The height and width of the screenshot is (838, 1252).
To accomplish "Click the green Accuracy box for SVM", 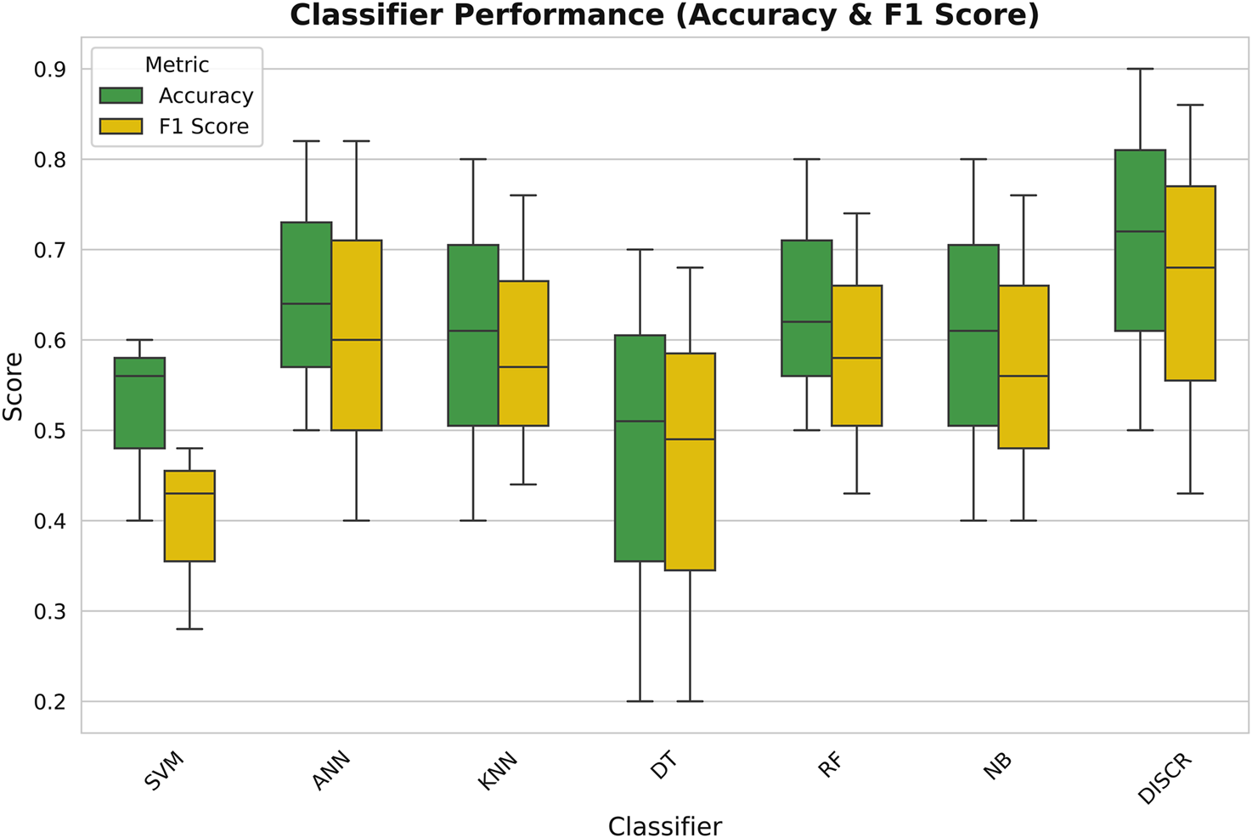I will click(x=139, y=403).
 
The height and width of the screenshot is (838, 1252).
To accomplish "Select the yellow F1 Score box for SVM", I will click(x=189, y=516).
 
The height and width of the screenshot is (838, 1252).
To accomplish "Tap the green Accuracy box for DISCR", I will click(x=1140, y=240).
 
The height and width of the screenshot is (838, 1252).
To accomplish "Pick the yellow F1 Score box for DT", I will click(x=690, y=461).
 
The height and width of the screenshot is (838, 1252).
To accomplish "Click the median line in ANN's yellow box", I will click(x=356, y=340).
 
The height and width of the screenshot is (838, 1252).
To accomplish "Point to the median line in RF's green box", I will click(x=806, y=322).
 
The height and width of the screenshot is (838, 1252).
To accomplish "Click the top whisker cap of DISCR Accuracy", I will click(x=1140, y=69).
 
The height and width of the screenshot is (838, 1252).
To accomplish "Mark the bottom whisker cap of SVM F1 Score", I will click(x=189, y=629).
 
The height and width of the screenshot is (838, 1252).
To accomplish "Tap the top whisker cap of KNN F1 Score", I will click(x=523, y=195).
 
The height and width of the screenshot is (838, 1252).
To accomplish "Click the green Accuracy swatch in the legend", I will click(x=121, y=95).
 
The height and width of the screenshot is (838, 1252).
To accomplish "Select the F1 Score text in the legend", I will click(x=204, y=127).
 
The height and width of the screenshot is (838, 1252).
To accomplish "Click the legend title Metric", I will click(x=177, y=65).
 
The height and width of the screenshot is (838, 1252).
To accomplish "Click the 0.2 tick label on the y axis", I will click(x=50, y=702).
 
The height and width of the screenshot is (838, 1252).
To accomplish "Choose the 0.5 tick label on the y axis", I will click(x=50, y=431).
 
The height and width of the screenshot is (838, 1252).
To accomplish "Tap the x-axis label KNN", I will click(x=498, y=772).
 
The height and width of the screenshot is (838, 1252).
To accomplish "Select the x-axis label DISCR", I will click(x=1165, y=779).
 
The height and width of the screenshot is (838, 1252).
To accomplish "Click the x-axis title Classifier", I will click(x=665, y=826).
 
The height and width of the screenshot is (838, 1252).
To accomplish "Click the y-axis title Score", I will click(x=14, y=387).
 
